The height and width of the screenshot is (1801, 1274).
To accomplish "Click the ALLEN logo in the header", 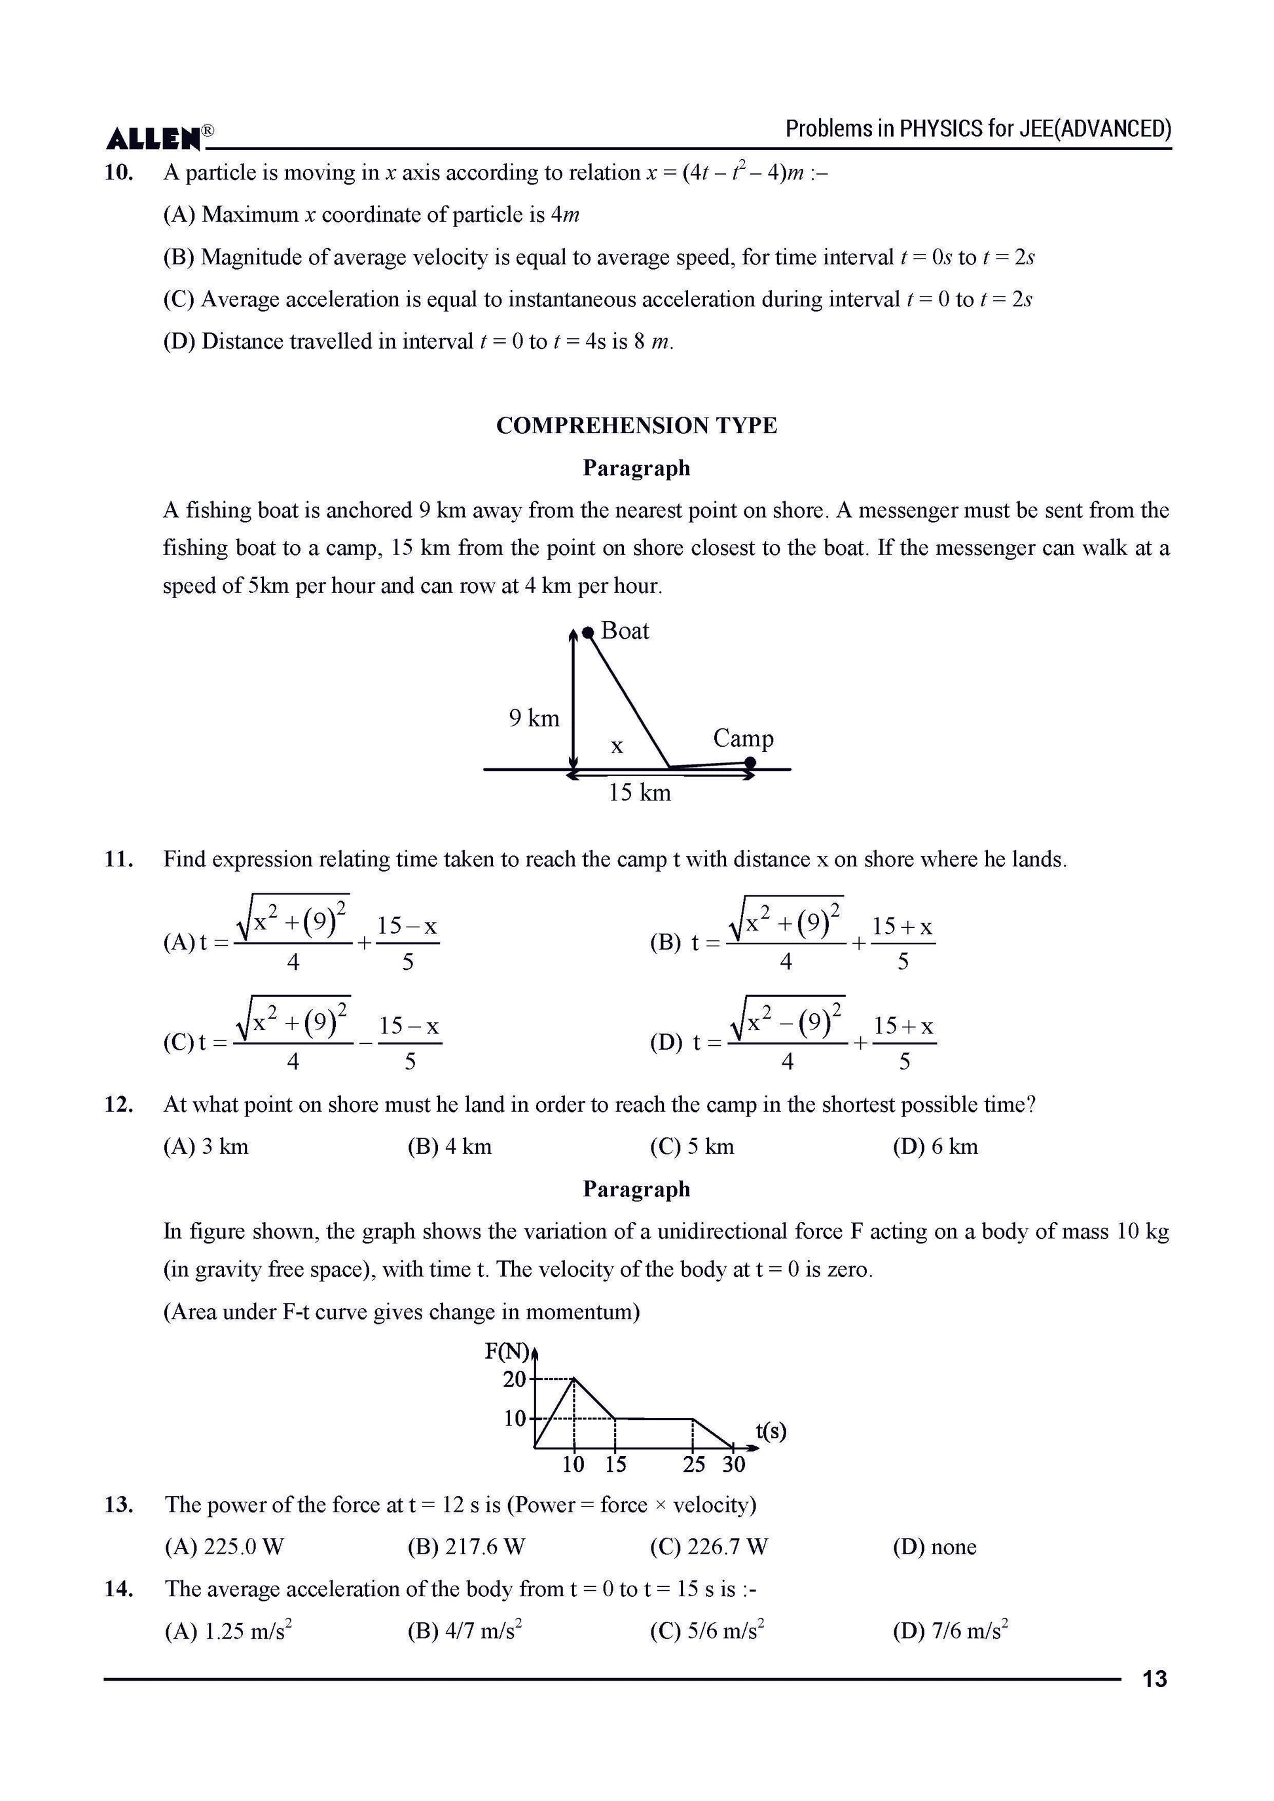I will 155,138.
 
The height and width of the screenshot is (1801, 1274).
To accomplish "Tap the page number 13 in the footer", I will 1155,1679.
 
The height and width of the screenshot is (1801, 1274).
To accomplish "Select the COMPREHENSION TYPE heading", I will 636,426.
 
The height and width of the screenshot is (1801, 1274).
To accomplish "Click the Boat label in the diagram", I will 625,632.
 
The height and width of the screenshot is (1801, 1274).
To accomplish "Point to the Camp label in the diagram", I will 742,738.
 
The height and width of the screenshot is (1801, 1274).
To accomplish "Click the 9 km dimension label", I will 534,719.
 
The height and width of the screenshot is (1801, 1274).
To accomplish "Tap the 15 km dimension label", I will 640,793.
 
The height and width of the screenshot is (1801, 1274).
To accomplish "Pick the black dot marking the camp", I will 750,762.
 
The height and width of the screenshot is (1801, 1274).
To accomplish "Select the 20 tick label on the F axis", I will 515,1378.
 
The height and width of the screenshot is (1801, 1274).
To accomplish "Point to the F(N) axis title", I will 506,1351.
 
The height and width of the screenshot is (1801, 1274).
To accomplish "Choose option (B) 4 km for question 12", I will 450,1147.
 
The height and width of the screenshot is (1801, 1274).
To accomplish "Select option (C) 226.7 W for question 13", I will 708,1547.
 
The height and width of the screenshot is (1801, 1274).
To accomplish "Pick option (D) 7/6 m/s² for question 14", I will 950,1632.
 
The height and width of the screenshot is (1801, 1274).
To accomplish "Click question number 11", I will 118,860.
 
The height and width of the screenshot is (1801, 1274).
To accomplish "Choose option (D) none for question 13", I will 934,1547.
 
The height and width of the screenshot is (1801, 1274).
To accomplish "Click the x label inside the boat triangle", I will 617,747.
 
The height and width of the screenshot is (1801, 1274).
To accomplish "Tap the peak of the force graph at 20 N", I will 574,1378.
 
